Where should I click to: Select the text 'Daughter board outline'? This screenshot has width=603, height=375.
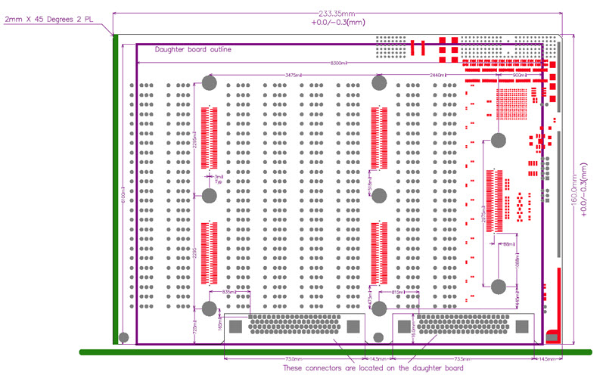pyautogui.click(x=193, y=50)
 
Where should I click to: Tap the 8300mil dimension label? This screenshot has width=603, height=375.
pyautogui.click(x=338, y=63)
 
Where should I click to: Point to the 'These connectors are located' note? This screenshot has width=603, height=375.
pyautogui.click(x=368, y=368)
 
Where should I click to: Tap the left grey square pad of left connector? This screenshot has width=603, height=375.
pyautogui.click(x=235, y=327)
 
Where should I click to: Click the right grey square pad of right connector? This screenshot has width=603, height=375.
pyautogui.click(x=522, y=327)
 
